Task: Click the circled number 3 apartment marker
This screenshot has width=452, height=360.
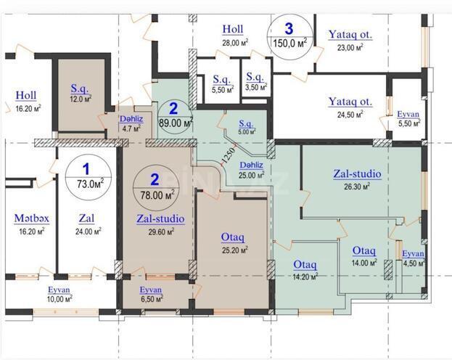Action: pyautogui.click(x=289, y=28)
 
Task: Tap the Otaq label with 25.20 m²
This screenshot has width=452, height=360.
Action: pyautogui.click(x=232, y=237)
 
